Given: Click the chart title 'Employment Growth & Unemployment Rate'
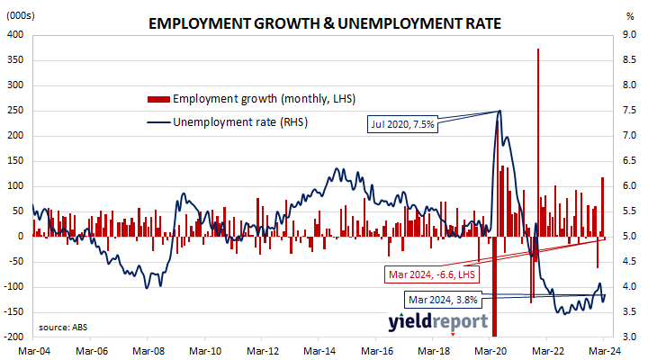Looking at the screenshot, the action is [325, 23].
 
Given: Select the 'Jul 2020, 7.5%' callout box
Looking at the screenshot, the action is [402, 124].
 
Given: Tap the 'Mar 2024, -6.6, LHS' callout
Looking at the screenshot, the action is [432, 274].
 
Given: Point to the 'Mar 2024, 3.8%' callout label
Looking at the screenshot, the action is [443, 300].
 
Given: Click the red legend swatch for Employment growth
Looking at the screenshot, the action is [158, 99].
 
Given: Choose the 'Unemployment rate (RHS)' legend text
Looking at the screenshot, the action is [240, 122].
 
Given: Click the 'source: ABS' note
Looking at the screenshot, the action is [63, 328].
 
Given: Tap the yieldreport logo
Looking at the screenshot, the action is [438, 322].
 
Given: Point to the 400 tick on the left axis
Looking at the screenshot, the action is [15, 35].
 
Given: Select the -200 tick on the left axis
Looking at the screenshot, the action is [13, 337].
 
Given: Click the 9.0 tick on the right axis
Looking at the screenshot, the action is [629, 35].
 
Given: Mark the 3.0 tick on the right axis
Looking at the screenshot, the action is [629, 337].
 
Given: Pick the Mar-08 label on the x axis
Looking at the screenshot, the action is [148, 351].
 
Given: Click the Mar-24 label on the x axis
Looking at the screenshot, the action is [604, 351].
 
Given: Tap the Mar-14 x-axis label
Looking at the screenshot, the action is [319, 351].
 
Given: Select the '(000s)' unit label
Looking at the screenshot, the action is [21, 16].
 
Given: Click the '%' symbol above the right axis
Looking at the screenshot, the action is [630, 17].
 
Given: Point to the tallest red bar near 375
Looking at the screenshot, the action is [538, 142].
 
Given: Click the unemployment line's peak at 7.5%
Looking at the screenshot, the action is [499, 111].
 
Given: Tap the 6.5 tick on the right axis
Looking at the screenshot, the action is [629, 161].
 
